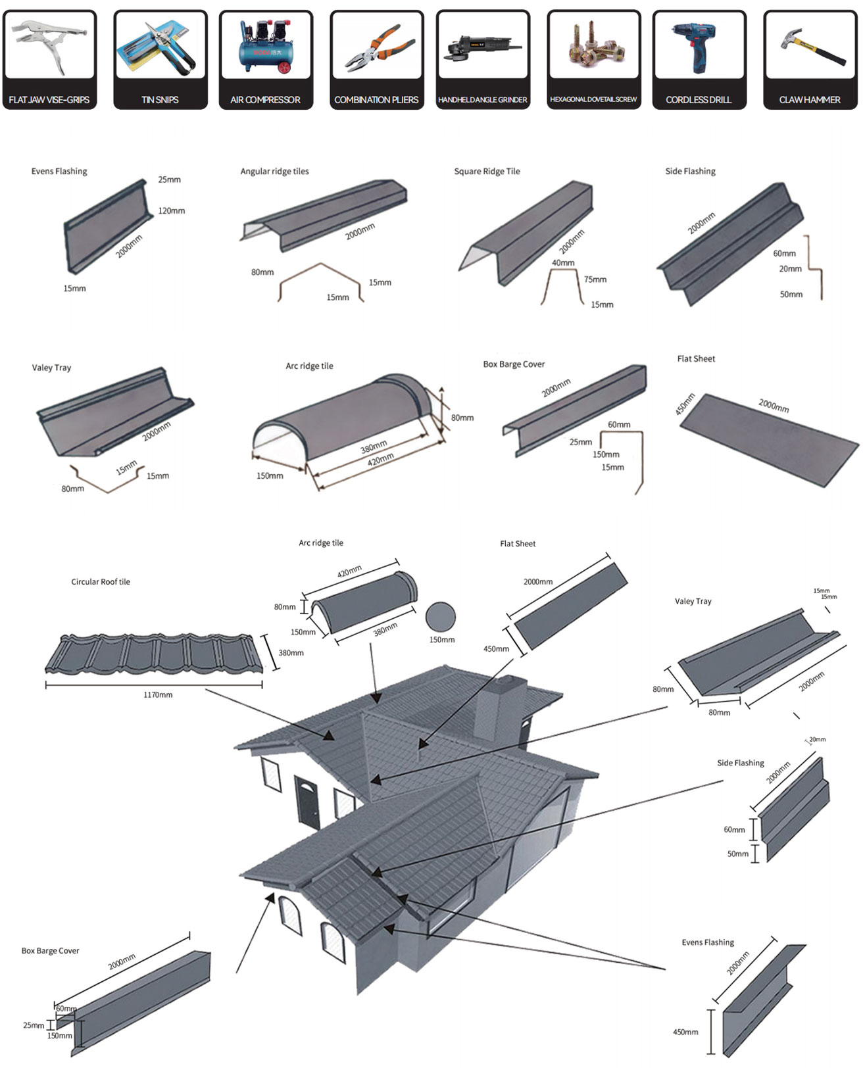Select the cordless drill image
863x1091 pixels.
698,46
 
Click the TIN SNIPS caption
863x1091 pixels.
160,100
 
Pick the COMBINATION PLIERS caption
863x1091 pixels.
376,100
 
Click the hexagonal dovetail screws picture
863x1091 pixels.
593,45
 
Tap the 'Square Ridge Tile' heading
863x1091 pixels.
487,172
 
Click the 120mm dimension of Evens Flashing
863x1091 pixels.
171,211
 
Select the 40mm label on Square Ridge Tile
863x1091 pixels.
563,263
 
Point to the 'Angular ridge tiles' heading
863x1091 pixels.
274,172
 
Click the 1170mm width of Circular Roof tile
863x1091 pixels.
158,695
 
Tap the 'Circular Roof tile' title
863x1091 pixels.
101,582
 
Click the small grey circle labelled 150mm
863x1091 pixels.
441,618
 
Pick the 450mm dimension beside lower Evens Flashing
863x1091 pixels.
685,1032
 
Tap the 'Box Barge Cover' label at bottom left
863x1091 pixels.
50,951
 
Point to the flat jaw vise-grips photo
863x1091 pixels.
49,46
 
